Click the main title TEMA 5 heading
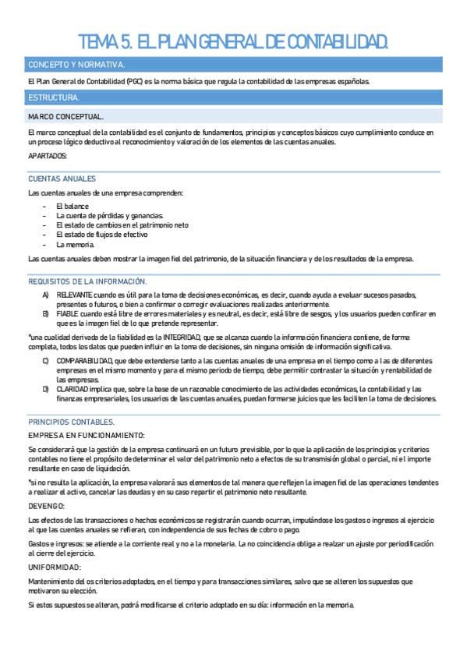(233, 40)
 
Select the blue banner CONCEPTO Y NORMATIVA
(76, 65)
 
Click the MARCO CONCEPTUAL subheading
(60, 116)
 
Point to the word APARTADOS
(48, 156)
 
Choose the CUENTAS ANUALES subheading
(62, 179)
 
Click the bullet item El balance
(73, 206)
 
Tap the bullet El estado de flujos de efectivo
(102, 234)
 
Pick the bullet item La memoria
(75, 244)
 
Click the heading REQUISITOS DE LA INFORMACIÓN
(87, 281)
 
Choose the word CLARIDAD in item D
(73, 389)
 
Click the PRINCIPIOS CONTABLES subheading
(72, 421)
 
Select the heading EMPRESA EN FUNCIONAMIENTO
(87, 434)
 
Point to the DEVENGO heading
(47, 505)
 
